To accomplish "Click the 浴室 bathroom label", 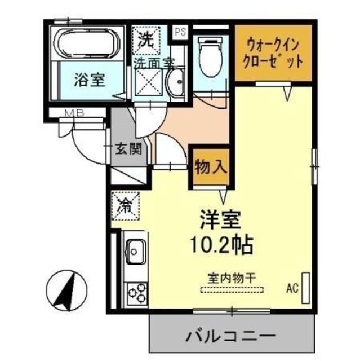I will [89, 80].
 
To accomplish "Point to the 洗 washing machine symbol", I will [146, 40].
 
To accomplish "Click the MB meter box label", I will [74, 112].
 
